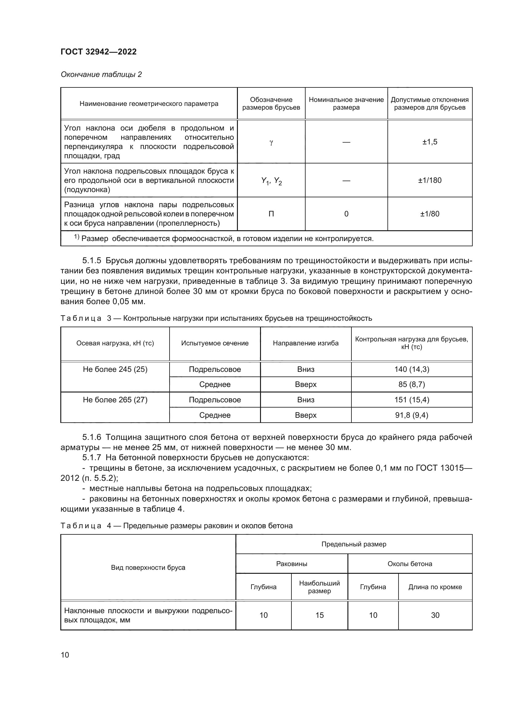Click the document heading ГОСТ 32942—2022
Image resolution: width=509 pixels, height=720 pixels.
click(x=99, y=52)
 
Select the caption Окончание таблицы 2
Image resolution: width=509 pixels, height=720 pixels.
click(x=101, y=74)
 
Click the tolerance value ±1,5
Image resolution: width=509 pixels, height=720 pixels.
click(x=430, y=142)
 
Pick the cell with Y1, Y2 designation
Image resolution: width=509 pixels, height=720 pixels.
click(x=271, y=181)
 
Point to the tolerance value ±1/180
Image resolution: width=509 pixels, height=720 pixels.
click(x=430, y=180)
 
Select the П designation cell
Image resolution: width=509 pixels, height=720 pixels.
click(x=271, y=214)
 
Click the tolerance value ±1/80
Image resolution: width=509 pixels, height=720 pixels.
click(x=430, y=214)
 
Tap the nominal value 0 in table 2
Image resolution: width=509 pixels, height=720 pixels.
click(x=346, y=214)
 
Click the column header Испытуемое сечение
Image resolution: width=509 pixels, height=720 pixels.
click(x=215, y=343)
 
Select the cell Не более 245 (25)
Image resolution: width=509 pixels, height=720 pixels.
click(x=115, y=369)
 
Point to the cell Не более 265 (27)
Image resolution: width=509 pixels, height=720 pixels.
click(x=115, y=400)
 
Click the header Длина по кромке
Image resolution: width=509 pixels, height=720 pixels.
click(x=435, y=587)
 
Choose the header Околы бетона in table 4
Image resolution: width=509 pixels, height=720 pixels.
click(x=410, y=564)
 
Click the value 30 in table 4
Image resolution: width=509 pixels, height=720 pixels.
click(x=435, y=615)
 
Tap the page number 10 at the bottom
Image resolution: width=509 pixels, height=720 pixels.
click(x=65, y=655)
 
